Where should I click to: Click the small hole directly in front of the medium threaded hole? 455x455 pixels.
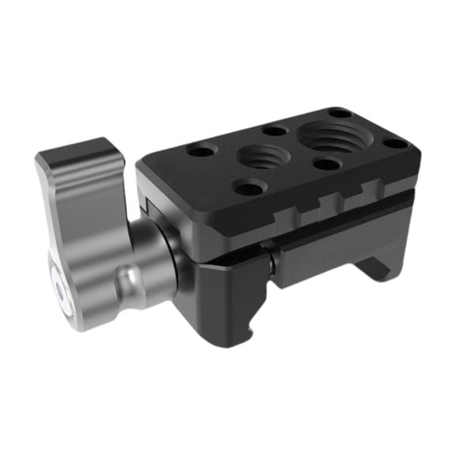[249, 189]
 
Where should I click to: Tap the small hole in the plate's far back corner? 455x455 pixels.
[340, 113]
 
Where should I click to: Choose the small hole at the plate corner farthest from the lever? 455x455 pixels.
[393, 144]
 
